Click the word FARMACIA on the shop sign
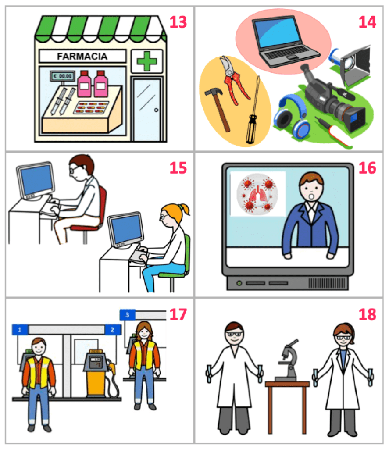click(x=82, y=57)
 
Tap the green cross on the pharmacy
click(x=146, y=61)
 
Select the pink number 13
click(x=178, y=22)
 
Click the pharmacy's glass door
click(x=147, y=110)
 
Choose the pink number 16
click(x=367, y=168)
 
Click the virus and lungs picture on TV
click(x=258, y=194)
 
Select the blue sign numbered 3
click(x=127, y=315)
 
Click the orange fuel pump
click(x=97, y=372)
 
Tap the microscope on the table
click(x=287, y=360)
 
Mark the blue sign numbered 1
click(x=20, y=330)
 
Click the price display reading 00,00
click(x=62, y=76)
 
